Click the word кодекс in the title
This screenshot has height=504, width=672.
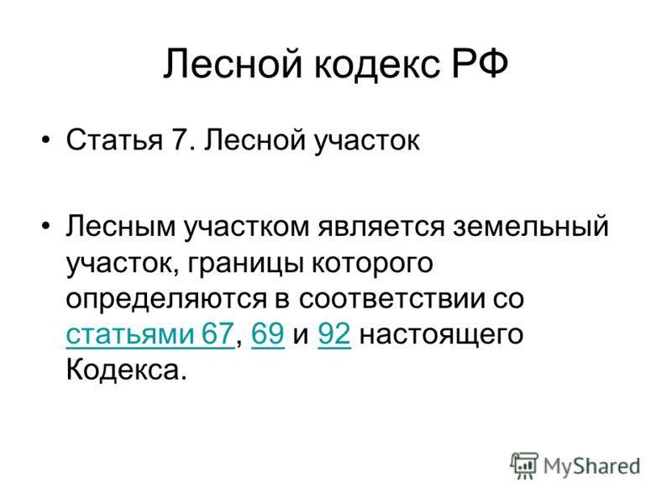(x=377, y=65)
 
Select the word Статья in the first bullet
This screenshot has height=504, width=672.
(x=114, y=139)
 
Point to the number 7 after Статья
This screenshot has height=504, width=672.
(x=179, y=139)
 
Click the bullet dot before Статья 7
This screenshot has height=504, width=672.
(x=45, y=139)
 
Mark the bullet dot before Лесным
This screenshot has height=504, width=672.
(x=45, y=225)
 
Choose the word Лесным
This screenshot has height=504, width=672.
(x=120, y=226)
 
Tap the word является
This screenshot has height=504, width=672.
(x=381, y=227)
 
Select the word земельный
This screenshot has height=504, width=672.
(x=531, y=226)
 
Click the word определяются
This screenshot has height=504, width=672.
(x=166, y=300)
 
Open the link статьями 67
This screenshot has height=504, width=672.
(x=150, y=334)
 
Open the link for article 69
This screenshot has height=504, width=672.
(x=268, y=333)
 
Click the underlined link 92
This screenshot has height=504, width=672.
(x=334, y=333)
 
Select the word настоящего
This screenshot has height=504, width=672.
(x=442, y=335)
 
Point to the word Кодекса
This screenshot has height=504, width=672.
(x=127, y=370)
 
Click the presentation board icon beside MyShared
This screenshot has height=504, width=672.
(x=523, y=466)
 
